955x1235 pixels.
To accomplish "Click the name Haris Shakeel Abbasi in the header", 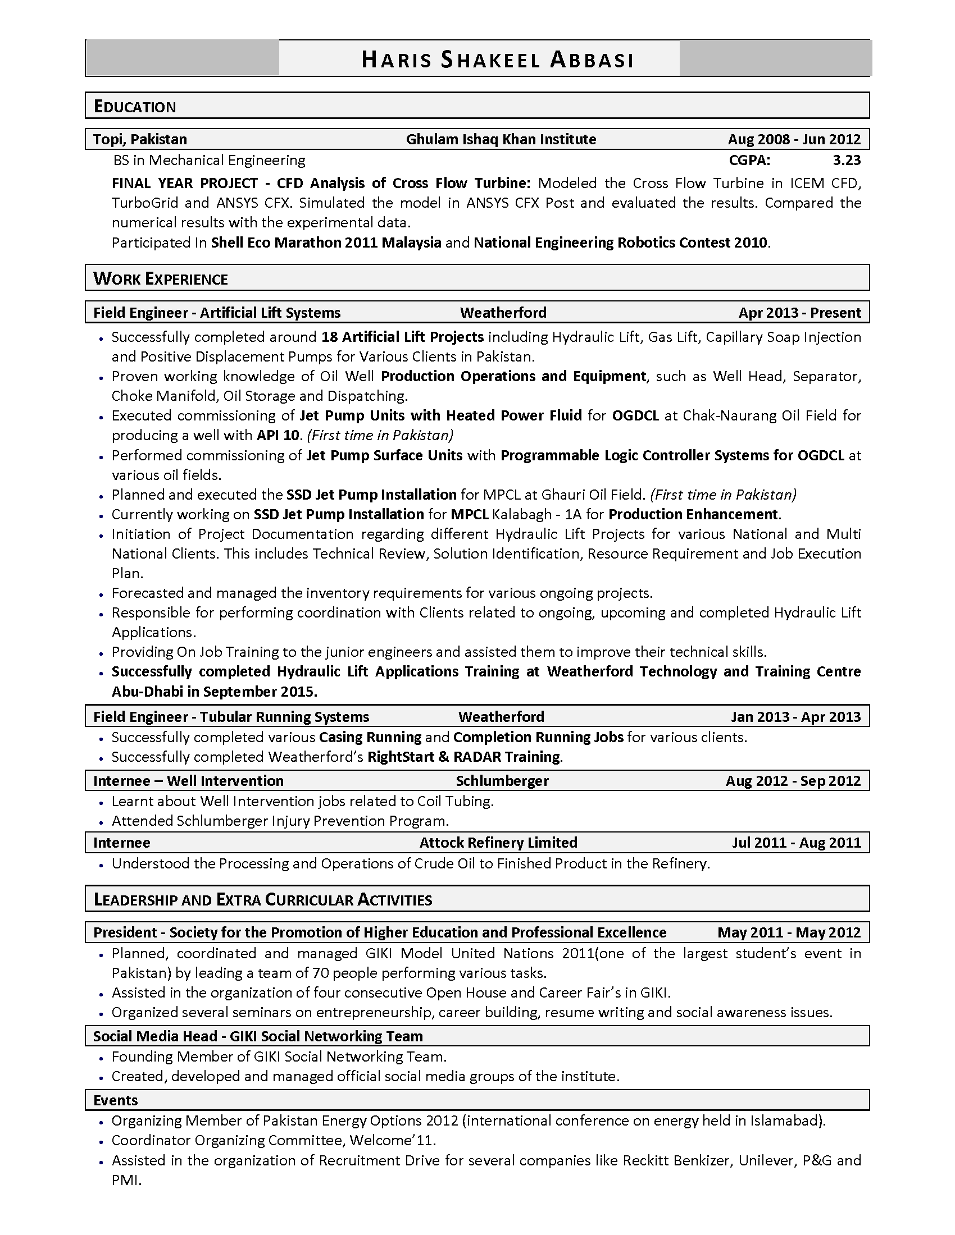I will point(497,60).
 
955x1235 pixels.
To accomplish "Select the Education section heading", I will point(135,107).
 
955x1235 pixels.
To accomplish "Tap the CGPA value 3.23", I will point(846,161).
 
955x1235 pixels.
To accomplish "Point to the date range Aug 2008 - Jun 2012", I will point(794,139).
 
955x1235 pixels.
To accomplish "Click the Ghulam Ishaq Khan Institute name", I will point(501,139).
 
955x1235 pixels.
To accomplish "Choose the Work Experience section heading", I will point(161,279).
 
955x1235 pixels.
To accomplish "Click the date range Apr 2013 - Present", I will point(799,313).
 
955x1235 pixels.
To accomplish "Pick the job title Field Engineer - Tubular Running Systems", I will point(231,717).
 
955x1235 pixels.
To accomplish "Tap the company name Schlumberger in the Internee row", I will point(502,781).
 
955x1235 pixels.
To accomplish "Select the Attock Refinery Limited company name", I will point(498,843).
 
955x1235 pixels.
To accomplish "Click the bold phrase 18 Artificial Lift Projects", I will point(402,337).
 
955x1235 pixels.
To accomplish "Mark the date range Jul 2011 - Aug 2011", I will point(796,843).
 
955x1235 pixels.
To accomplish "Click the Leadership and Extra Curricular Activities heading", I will point(262,900).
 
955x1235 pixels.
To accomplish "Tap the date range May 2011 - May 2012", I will point(789,932).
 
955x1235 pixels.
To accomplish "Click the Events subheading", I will point(115,1100).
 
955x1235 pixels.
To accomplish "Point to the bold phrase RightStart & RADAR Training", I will point(463,757).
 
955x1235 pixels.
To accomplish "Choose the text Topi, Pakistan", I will point(140,139).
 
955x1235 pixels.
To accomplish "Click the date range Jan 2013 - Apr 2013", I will point(795,717).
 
